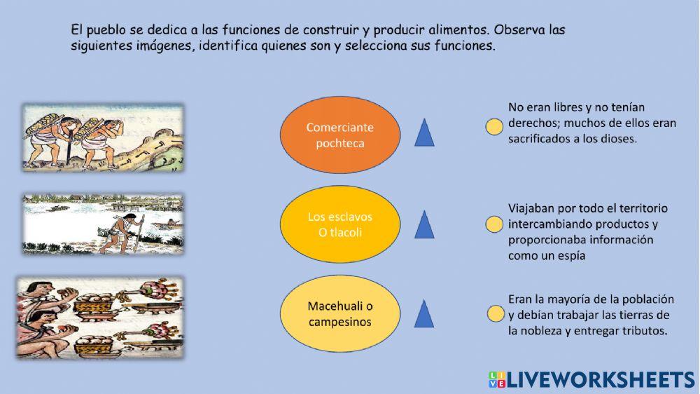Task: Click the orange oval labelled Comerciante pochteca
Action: coord(340,135)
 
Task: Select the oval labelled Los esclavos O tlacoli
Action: coord(340,224)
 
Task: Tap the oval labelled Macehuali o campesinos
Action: coord(340,314)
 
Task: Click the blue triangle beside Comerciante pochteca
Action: coord(424,133)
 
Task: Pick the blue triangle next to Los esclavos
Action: coord(424,224)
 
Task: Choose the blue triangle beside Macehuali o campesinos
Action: coord(424,314)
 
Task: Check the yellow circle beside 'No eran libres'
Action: coord(494,127)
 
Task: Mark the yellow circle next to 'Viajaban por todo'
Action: coord(494,224)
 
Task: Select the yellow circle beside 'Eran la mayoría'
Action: coord(496,313)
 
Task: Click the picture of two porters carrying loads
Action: coord(103,137)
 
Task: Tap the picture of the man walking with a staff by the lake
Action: coord(103,224)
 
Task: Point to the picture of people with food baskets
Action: coord(100,318)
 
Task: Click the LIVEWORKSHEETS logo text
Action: coord(601,380)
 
